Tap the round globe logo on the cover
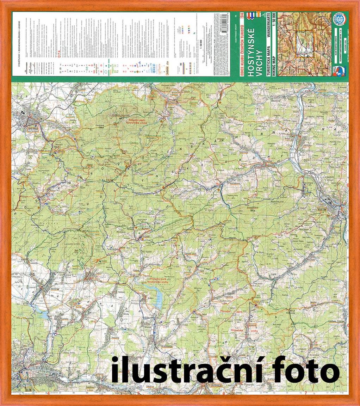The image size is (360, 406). (x=340, y=18)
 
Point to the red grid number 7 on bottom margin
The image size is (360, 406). (x=306, y=393)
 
